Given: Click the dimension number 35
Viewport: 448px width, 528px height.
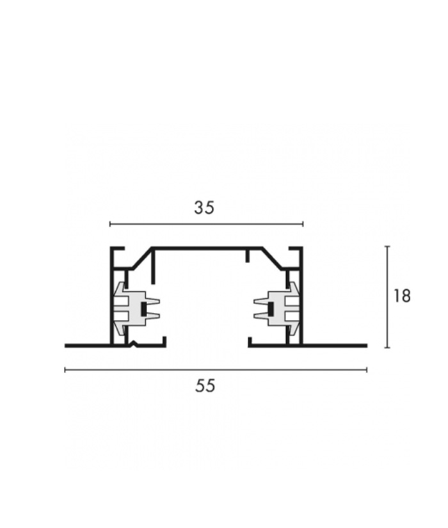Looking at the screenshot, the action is pos(204,207).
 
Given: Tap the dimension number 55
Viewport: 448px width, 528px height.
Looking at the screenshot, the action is pos(205,385).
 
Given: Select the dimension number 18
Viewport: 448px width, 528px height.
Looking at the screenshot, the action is pos(402,296).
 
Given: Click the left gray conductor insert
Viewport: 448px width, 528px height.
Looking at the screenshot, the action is pos(136,308).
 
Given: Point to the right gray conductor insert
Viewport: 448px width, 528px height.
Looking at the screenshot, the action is pos(276,308).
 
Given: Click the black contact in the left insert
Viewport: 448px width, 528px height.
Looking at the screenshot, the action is pos(144,308).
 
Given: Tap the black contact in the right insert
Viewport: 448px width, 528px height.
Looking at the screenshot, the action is pos(270,308).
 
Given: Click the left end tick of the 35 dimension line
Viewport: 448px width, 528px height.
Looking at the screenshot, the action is pos(110,223).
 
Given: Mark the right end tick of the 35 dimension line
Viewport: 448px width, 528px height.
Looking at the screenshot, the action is pos(303,223).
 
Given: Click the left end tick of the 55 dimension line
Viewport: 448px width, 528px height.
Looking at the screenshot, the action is pos(65,370).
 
